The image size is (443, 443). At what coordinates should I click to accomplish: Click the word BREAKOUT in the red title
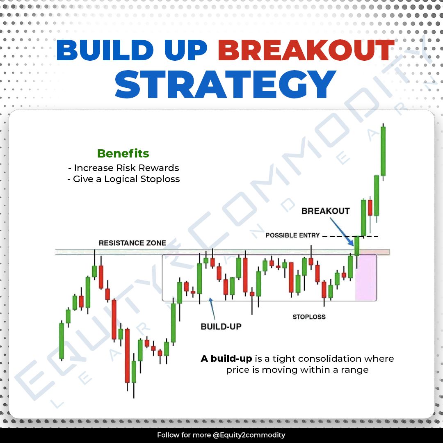[x=306, y=50]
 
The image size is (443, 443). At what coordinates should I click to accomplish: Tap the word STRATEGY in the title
[x=225, y=84]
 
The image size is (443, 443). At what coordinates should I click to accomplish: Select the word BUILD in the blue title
[x=105, y=50]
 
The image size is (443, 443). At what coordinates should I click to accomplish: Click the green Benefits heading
[x=123, y=153]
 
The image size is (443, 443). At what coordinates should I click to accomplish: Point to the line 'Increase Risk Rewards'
[x=123, y=168]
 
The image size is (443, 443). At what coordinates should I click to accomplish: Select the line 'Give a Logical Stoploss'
[x=123, y=179]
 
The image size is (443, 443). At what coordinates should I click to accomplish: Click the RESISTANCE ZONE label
[x=132, y=243]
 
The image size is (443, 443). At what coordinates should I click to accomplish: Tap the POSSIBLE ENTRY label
[x=292, y=235]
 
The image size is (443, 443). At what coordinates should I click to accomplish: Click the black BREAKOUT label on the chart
[x=325, y=211]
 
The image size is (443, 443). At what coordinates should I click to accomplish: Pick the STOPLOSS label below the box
[x=309, y=317]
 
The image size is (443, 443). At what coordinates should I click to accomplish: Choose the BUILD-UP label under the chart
[x=221, y=327]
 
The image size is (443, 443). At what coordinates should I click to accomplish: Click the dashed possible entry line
[x=350, y=236]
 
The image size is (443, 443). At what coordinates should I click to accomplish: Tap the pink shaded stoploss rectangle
[x=365, y=277]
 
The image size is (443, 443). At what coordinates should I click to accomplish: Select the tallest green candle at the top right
[x=383, y=151]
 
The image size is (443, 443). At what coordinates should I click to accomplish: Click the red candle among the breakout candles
[x=370, y=208]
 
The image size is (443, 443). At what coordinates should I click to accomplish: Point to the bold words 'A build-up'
[x=226, y=359]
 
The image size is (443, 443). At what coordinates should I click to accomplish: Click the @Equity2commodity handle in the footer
[x=249, y=435]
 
